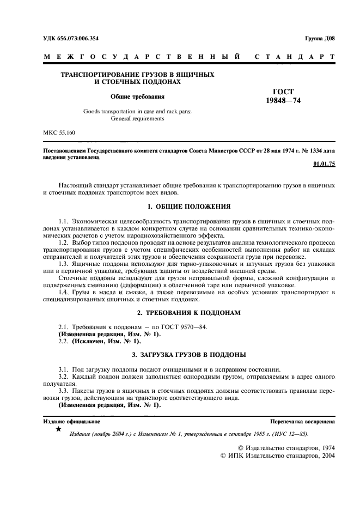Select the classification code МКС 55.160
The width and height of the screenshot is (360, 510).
(x=60, y=132)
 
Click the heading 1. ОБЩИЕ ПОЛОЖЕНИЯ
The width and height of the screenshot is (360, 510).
(x=189, y=207)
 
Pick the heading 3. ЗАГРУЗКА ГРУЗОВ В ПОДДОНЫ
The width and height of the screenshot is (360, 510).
(x=189, y=355)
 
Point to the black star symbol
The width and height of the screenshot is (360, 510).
(x=58, y=430)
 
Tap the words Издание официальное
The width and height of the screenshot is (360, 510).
(x=71, y=422)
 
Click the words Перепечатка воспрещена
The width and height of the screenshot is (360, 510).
(x=303, y=422)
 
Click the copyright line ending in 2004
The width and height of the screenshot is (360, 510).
(x=277, y=456)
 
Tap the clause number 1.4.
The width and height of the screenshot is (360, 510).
(x=64, y=293)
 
